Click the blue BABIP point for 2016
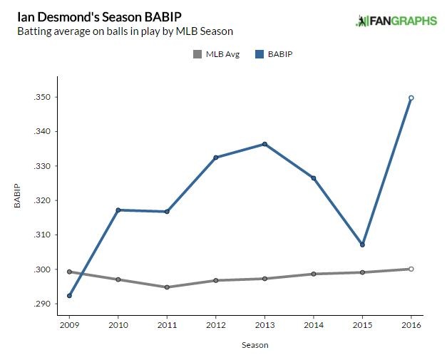[x=411, y=98]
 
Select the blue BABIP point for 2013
[x=264, y=144]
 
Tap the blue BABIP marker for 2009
[x=69, y=295]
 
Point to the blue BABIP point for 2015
[x=362, y=245]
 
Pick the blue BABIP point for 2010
[x=118, y=210]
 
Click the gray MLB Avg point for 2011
[x=167, y=287]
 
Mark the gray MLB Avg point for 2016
[x=411, y=269]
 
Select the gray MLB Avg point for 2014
[x=313, y=274]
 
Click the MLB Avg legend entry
[x=214, y=53]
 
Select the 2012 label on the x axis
[x=215, y=326]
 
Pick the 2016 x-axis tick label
[x=411, y=326]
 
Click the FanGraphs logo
[x=396, y=21]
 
